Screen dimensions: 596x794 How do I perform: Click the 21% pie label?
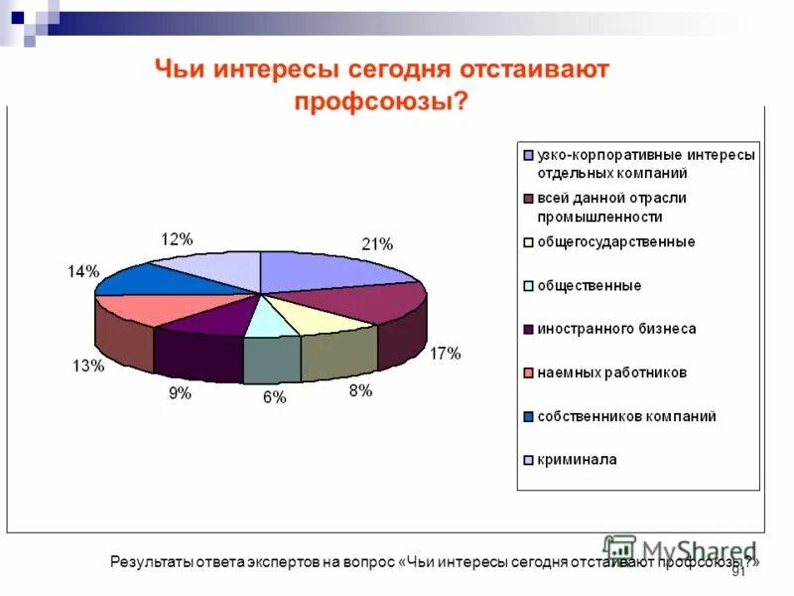click(377, 244)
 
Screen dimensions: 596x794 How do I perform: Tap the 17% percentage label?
click(444, 353)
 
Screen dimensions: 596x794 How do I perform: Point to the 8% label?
click(360, 391)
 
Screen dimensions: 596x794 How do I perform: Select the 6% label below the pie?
click(274, 397)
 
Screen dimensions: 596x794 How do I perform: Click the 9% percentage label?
click(180, 393)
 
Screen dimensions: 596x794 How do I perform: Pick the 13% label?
click(87, 366)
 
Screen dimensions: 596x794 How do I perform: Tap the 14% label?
click(83, 271)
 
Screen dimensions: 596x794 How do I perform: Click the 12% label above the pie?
click(176, 238)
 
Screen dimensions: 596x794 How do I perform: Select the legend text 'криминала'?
click(577, 460)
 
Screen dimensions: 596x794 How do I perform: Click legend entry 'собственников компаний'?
click(626, 416)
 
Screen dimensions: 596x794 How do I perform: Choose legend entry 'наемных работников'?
click(611, 372)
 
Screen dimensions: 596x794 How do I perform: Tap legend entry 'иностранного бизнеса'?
click(616, 329)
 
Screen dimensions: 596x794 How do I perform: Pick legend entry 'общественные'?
click(589, 285)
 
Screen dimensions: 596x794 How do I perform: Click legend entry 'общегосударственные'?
click(615, 241)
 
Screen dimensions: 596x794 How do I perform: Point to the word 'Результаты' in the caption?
click(149, 562)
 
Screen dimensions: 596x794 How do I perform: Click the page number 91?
click(737, 573)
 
